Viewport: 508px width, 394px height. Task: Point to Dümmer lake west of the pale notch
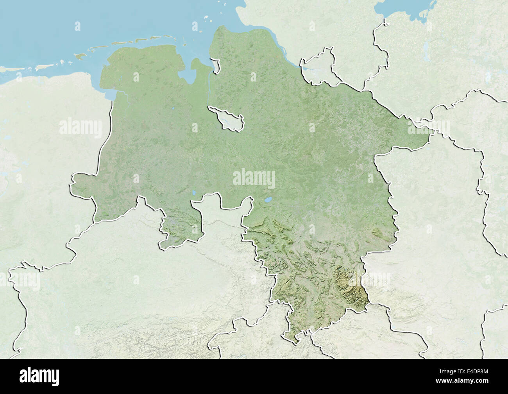(x=194, y=193)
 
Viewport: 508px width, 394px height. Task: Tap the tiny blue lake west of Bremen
(x=172, y=109)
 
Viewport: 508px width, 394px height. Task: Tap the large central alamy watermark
(x=254, y=178)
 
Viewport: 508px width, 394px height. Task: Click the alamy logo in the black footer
(x=39, y=376)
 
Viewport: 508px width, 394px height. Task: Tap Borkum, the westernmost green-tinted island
(x=80, y=56)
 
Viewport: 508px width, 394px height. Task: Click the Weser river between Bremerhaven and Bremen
(x=210, y=88)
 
